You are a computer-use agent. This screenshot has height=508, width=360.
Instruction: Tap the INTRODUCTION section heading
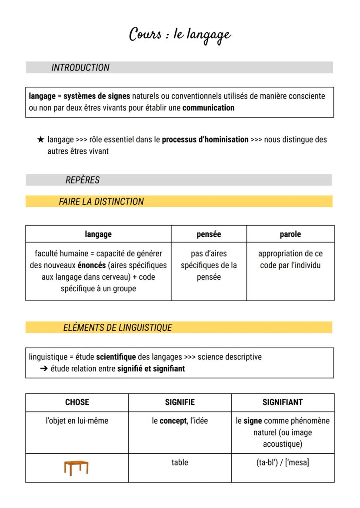click(x=80, y=68)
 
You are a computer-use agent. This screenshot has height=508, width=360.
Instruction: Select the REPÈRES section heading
click(x=83, y=180)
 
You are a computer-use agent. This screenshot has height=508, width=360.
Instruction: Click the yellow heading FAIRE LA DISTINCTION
click(x=101, y=202)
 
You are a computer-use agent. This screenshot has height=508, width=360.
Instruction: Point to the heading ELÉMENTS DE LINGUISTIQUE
click(x=118, y=328)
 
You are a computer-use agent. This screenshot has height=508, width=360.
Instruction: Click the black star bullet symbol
click(x=40, y=140)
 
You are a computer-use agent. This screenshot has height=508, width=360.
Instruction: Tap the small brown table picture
click(x=76, y=467)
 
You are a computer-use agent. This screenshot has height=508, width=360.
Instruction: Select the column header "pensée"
click(x=209, y=234)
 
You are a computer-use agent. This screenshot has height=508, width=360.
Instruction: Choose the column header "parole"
click(x=290, y=234)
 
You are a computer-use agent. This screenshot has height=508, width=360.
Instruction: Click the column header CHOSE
click(x=77, y=402)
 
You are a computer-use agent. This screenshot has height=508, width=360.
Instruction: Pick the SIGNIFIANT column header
click(x=283, y=402)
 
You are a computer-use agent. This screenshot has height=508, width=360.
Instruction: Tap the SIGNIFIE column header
click(x=180, y=402)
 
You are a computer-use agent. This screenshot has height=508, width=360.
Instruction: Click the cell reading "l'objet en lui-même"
click(x=77, y=421)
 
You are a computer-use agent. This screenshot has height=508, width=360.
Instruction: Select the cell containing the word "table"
click(x=180, y=462)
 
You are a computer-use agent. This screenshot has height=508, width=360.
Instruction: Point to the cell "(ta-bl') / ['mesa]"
click(x=283, y=462)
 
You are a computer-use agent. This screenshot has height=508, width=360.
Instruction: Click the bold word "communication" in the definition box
click(x=208, y=108)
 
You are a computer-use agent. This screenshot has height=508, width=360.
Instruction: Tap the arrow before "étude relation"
click(x=43, y=369)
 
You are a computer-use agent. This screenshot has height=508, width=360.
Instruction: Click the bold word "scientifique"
click(x=116, y=357)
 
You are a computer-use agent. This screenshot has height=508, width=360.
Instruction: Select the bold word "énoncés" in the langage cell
click(x=92, y=265)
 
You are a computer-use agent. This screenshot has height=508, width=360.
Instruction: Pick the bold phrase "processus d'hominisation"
click(x=205, y=140)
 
